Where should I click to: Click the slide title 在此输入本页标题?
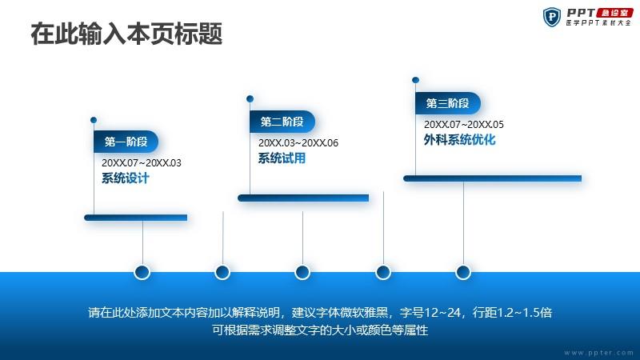coord(126,34)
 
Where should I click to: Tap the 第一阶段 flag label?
coord(126,142)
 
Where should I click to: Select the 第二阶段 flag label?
coord(282,122)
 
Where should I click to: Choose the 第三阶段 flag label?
coord(448,103)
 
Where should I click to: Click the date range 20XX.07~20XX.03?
coord(142,163)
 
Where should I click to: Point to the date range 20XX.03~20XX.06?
coord(298,143)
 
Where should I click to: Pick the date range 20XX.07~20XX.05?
coord(464,125)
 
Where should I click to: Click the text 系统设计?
coord(126,178)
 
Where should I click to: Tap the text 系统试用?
coord(282,158)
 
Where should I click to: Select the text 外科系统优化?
coord(459,140)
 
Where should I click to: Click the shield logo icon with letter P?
coord(552,17)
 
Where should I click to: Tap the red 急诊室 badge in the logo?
coord(614,13)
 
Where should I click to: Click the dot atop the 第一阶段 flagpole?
coord(94,120)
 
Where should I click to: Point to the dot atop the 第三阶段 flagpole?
coord(415,80)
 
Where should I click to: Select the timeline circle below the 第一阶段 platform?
coord(142,272)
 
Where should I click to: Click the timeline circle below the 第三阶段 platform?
coord(463,272)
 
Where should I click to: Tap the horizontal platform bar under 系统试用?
coord(303,198)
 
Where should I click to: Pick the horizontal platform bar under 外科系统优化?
coord(493,178)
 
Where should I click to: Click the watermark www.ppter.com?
coord(598,353)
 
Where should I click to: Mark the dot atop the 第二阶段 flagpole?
coord(250,98)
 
